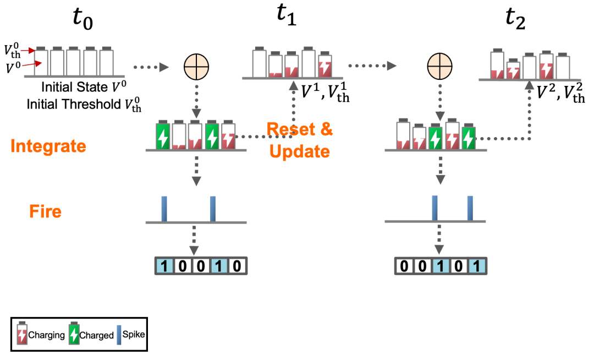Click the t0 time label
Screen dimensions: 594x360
[82, 19]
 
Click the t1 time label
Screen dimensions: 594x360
[287, 16]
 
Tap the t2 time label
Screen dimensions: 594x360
[515, 19]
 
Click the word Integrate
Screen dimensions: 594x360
[48, 146]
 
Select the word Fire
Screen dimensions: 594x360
[46, 211]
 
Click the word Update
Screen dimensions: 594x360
[300, 151]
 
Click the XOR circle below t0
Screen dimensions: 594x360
[196, 67]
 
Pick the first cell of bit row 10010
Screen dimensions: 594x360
[164, 266]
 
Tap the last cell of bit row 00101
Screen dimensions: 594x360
[476, 266]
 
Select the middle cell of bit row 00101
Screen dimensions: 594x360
[440, 266]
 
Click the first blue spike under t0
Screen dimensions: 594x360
[164, 209]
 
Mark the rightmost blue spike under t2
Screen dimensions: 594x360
[470, 208]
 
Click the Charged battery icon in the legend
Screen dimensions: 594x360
[74, 333]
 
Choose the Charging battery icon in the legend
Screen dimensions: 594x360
[23, 333]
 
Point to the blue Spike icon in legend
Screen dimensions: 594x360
[119, 335]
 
